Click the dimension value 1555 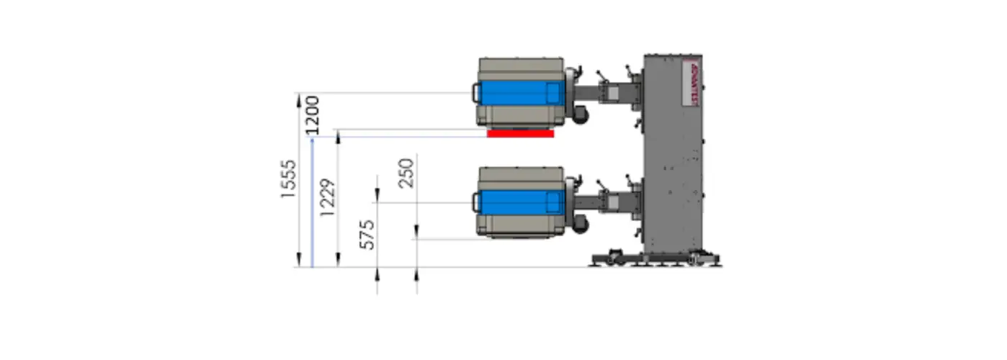tap(288, 179)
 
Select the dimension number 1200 tap(311, 114)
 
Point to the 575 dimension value tap(367, 235)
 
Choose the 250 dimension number tap(406, 173)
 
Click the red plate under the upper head tap(520, 133)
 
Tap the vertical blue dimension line tap(312, 202)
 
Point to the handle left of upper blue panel tap(475, 93)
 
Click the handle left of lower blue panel tap(475, 202)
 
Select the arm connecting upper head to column tap(609, 94)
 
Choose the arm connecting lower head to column tap(609, 204)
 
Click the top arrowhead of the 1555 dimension tap(299, 98)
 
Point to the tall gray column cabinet tap(673, 158)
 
